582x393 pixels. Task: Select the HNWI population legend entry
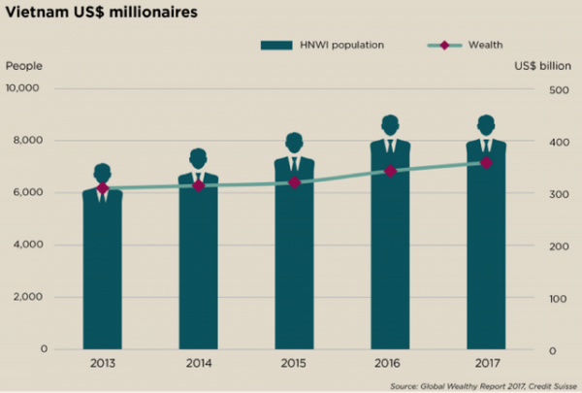point(314,46)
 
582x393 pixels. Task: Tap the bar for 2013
point(102,272)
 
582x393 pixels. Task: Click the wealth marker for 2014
point(198,184)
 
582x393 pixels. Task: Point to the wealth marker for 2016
point(390,171)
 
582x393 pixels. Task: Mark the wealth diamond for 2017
point(486,162)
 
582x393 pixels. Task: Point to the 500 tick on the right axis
point(559,89)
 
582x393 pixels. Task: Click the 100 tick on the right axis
point(559,298)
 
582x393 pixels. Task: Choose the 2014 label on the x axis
point(198,364)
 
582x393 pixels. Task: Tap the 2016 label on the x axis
point(390,364)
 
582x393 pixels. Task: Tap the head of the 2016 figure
point(390,124)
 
